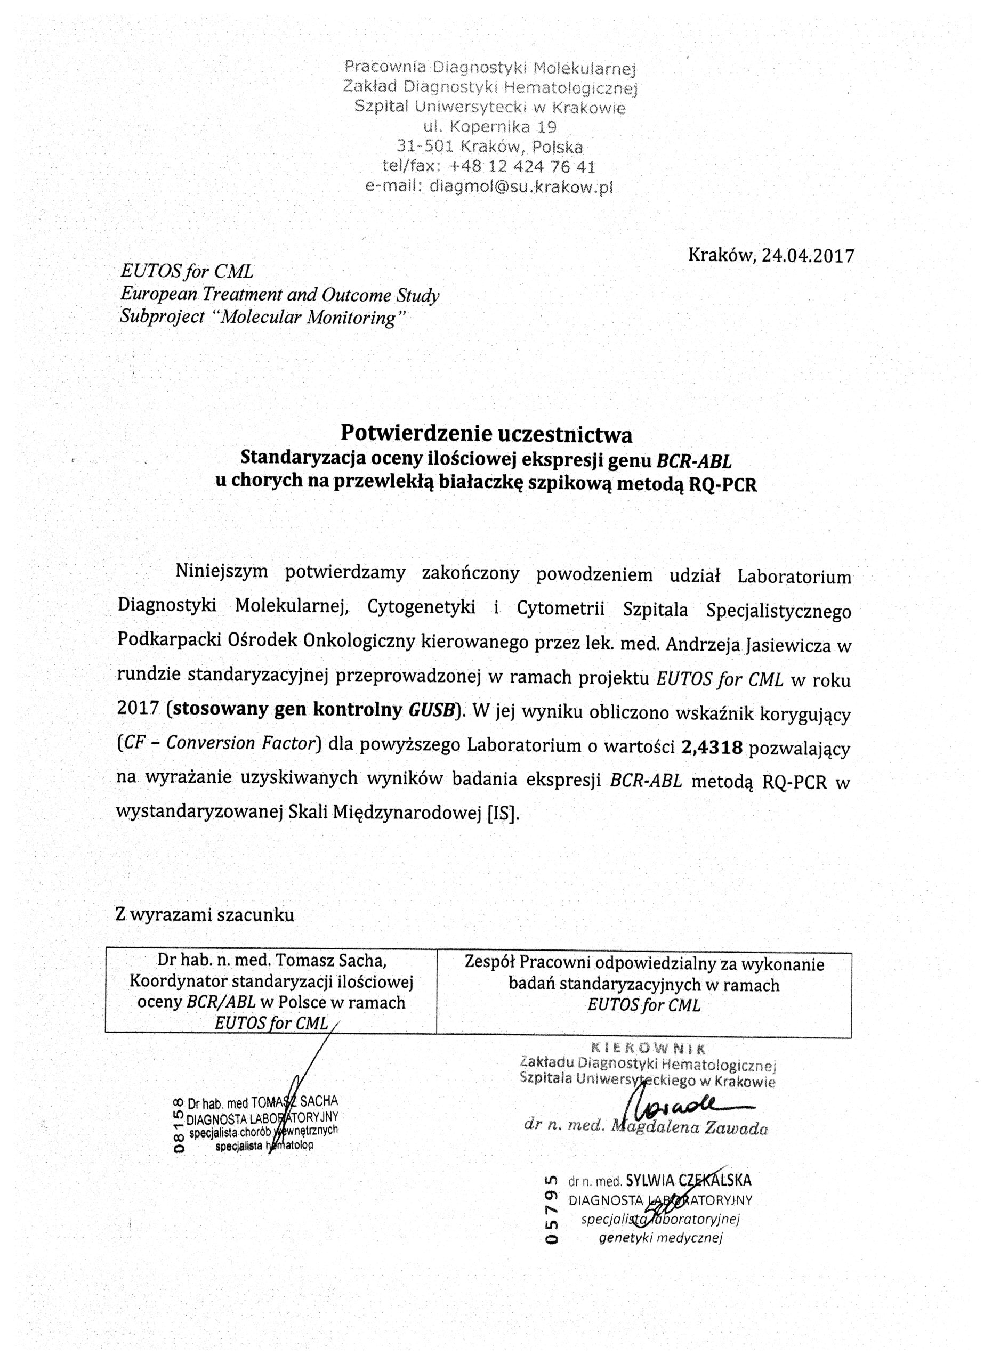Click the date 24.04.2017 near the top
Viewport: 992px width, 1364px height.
click(x=808, y=256)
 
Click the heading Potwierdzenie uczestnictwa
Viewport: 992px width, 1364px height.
click(x=487, y=433)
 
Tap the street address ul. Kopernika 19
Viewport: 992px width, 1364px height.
click(x=490, y=127)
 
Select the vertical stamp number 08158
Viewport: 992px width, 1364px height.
click(x=178, y=1125)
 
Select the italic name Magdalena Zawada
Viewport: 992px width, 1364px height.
click(x=689, y=1128)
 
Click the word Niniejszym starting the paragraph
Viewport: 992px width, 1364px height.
click(x=221, y=571)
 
